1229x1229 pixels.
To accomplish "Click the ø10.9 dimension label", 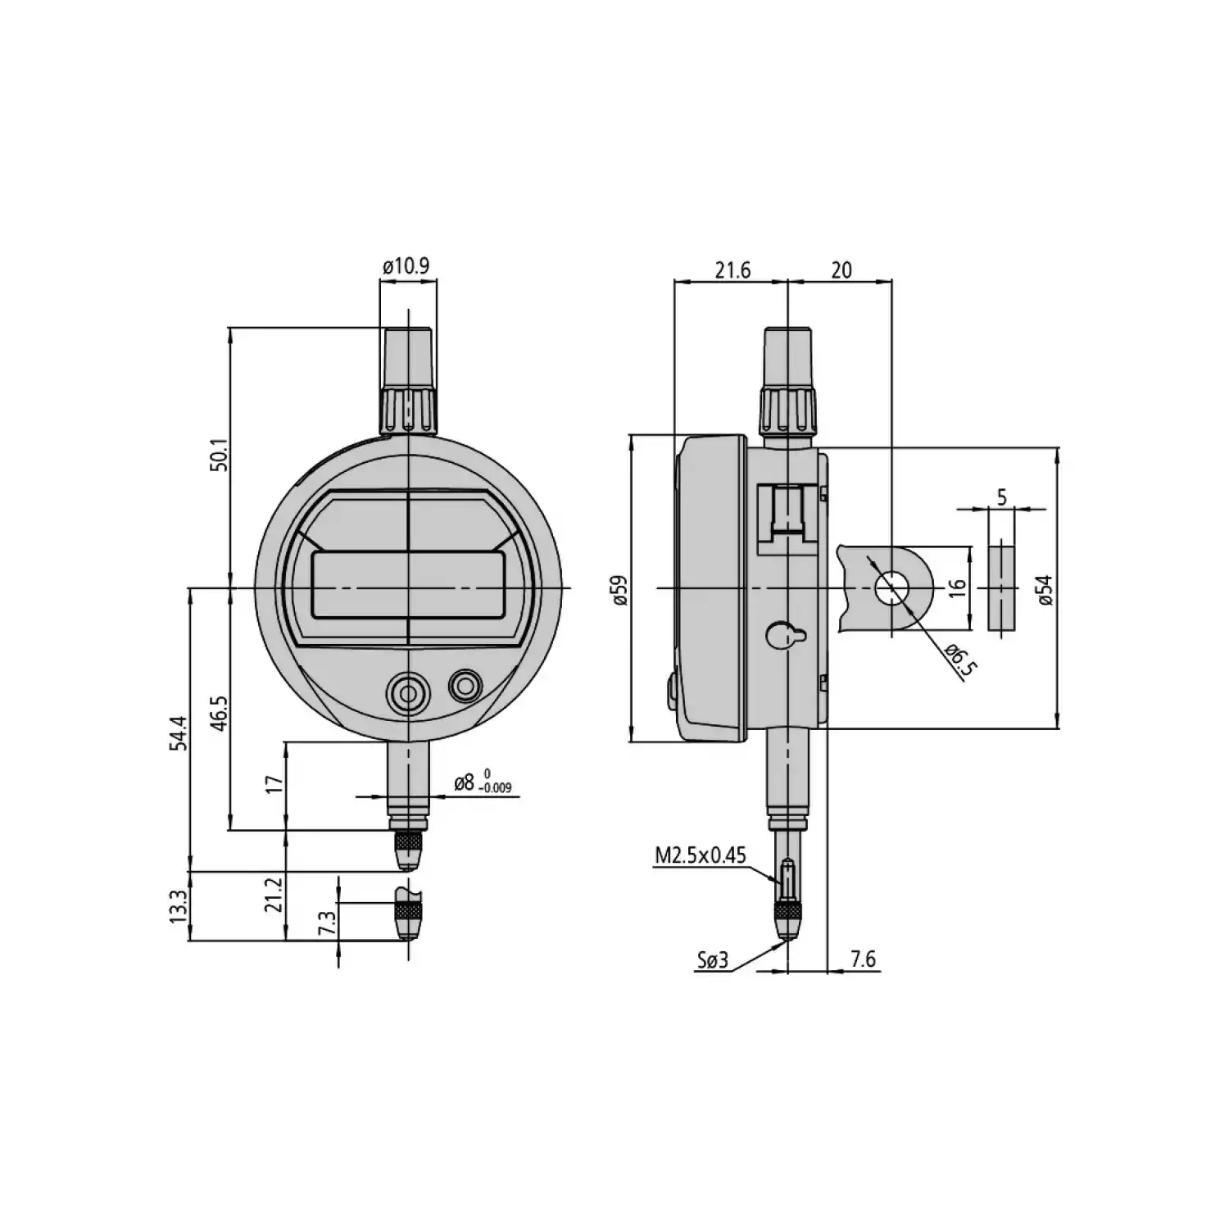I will tap(406, 266).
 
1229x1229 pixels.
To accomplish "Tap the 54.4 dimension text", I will tap(179, 733).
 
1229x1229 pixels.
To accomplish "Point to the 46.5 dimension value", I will tap(218, 713).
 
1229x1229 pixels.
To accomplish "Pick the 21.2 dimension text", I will tap(274, 895).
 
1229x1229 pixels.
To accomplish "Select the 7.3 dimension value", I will tap(327, 923).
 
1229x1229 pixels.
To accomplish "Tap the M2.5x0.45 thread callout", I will tap(701, 856).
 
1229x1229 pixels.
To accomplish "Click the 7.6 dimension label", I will tap(863, 959).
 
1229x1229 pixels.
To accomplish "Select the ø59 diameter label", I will tap(619, 589).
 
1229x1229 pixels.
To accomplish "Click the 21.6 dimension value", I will tap(732, 270).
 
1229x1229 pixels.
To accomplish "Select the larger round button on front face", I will tap(407, 693).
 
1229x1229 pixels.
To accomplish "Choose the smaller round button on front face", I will tap(465, 686).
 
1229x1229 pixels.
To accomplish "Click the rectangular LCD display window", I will tap(407, 584).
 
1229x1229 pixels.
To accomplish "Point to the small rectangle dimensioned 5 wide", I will tap(1000, 584).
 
